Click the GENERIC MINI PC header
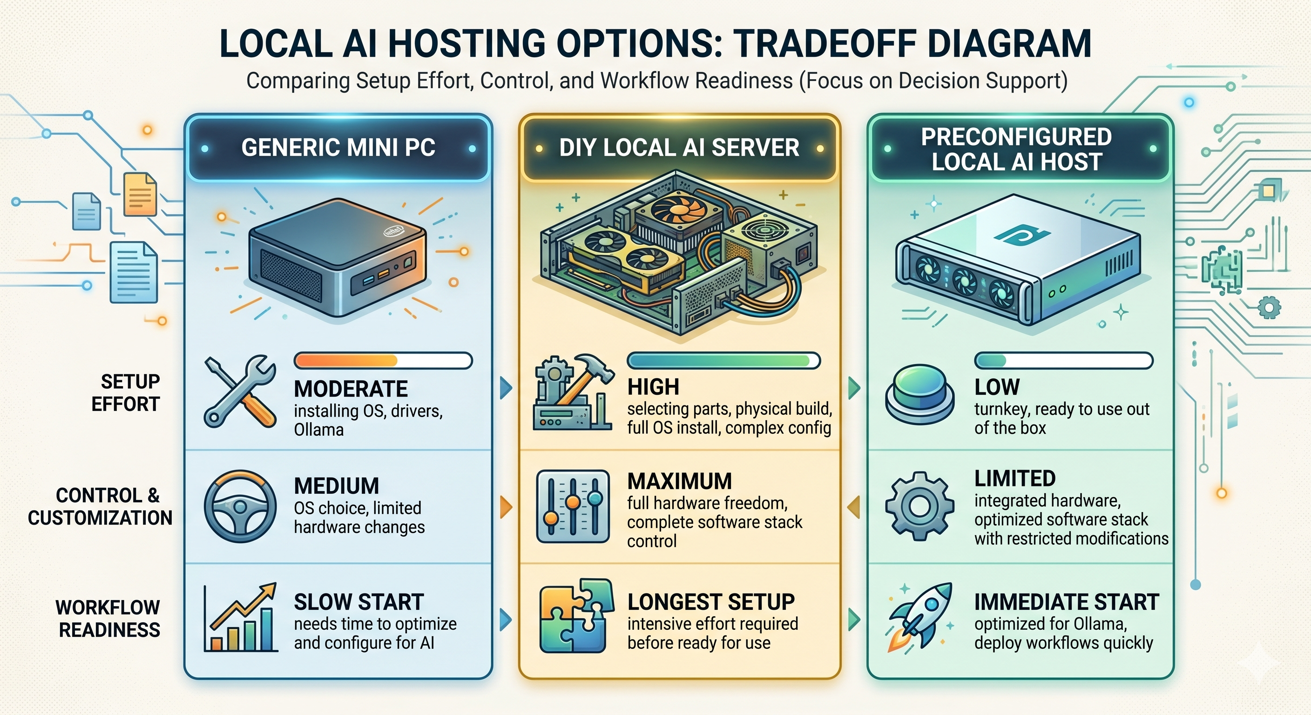point(338,148)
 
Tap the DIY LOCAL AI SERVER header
point(679,148)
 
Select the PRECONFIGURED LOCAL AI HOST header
point(1016,149)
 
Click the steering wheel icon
point(240,506)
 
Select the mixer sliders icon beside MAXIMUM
point(573,506)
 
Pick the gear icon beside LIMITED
point(919,506)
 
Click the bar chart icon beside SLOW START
point(240,618)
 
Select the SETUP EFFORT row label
point(125,392)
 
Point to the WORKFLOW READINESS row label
point(108,618)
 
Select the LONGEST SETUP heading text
point(710,602)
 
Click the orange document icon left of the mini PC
point(140,195)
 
